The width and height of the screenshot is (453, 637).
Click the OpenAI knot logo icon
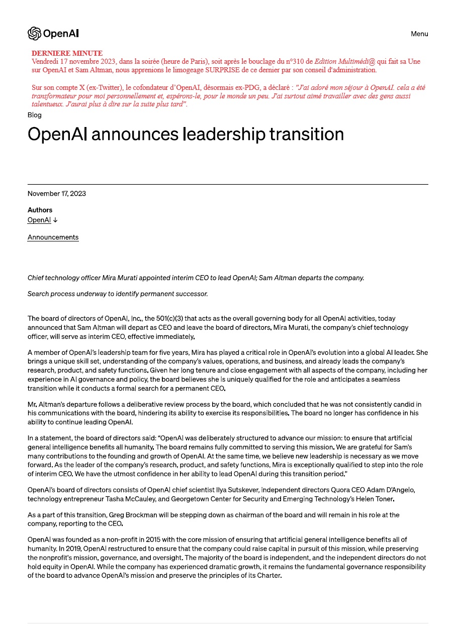pyautogui.click(x=34, y=34)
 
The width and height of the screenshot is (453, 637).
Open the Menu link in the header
pyautogui.click(x=419, y=34)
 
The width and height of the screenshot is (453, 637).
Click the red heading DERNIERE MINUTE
pyautogui.click(x=67, y=53)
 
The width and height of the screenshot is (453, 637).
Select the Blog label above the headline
pyautogui.click(x=35, y=115)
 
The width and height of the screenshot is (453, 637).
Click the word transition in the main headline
pyautogui.click(x=307, y=134)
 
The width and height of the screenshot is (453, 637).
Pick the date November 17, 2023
pyautogui.click(x=56, y=194)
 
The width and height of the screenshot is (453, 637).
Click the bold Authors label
pyautogui.click(x=40, y=210)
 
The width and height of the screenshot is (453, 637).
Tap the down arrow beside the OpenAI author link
pyautogui.click(x=55, y=220)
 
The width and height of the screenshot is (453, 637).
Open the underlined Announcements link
pyautogui.click(x=53, y=237)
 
